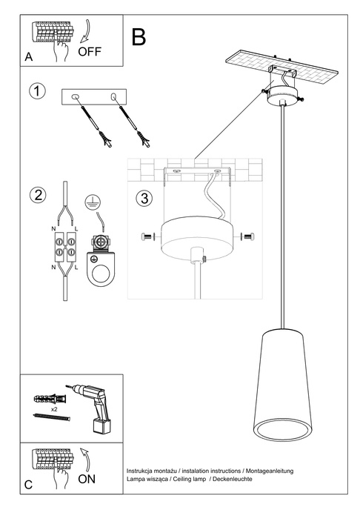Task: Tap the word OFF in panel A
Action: pyautogui.click(x=89, y=52)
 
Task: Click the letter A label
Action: pyautogui.click(x=28, y=56)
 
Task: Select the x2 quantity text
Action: pyautogui.click(x=54, y=408)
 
